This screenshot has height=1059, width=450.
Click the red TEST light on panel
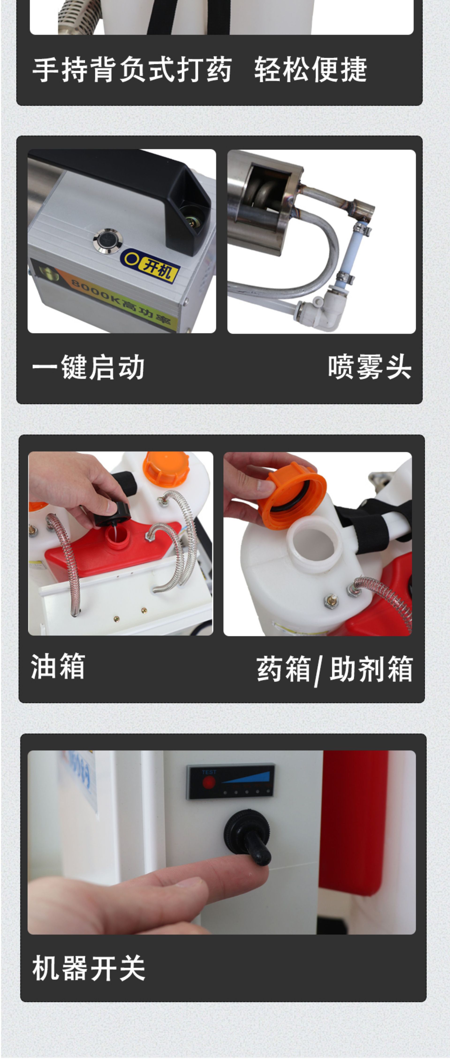(x=209, y=782)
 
